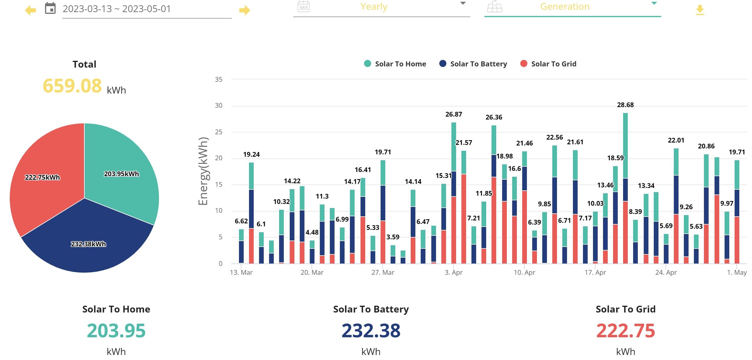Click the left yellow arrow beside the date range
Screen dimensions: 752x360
[x=30, y=10]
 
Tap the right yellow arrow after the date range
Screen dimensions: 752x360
[x=245, y=10]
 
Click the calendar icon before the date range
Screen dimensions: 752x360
[x=50, y=8]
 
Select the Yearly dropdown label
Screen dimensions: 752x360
[x=374, y=6]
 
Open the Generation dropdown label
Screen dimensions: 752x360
[x=565, y=6]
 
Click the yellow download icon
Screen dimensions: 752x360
[x=700, y=10]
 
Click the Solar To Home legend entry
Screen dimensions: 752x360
[x=395, y=64]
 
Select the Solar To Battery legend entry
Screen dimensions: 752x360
[x=473, y=64]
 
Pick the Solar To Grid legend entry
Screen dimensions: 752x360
[x=548, y=64]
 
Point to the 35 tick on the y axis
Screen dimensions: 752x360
[x=219, y=79]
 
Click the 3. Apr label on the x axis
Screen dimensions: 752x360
[x=453, y=272]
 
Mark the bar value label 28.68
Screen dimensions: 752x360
[x=625, y=105]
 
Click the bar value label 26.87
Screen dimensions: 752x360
[x=453, y=114]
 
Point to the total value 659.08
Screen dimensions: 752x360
[x=72, y=86]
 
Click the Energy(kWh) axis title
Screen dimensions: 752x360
[x=203, y=171]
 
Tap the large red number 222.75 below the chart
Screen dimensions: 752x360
[x=625, y=330]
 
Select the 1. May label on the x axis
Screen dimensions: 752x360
[x=737, y=272]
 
